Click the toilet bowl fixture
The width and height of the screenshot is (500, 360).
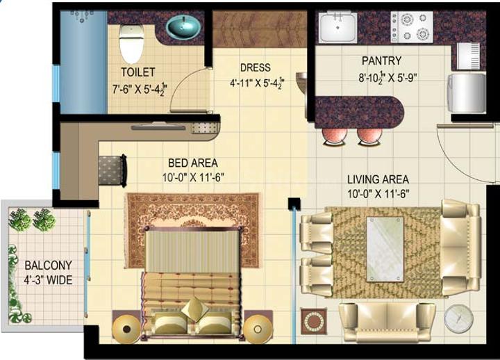pyautogui.click(x=131, y=42)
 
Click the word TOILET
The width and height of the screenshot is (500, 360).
pyautogui.click(x=137, y=72)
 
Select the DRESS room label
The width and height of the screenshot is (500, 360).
pyautogui.click(x=255, y=68)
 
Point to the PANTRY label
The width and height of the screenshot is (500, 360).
pyautogui.click(x=381, y=61)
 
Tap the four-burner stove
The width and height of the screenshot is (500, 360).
pyautogui.click(x=411, y=26)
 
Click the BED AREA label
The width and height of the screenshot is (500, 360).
pyautogui.click(x=190, y=164)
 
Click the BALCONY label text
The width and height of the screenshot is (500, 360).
pyautogui.click(x=48, y=265)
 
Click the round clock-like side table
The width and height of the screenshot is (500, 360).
pyautogui.click(x=458, y=318)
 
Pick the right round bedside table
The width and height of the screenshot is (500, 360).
pyautogui.click(x=258, y=326)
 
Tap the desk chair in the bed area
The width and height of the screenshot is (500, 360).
pyautogui.click(x=112, y=169)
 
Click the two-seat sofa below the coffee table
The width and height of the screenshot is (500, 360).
pyautogui.click(x=387, y=321)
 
